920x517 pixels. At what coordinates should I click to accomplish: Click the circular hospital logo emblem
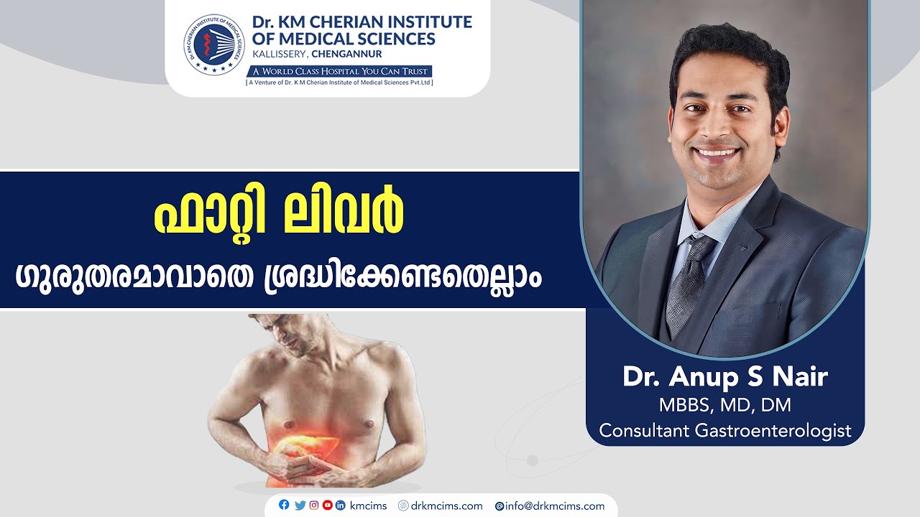coord(213,45)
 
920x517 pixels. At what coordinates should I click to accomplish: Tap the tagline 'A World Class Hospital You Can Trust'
coord(339,71)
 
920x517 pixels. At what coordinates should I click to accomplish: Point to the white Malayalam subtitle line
coord(279,276)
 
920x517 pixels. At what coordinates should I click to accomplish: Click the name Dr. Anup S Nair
coord(725,377)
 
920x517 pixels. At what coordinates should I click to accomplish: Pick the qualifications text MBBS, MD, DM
coord(725,405)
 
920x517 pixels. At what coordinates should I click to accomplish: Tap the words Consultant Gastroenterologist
coord(725,431)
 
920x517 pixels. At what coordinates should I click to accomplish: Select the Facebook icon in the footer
coord(284,505)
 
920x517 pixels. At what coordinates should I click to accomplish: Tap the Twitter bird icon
coord(300,505)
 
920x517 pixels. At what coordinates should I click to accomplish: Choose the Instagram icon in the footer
coord(314,505)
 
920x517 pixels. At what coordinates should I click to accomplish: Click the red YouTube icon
coord(328,505)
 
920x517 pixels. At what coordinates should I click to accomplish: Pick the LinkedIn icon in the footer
coord(341,505)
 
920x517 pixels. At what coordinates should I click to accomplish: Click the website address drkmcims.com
coord(446,506)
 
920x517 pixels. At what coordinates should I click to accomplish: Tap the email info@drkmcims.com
coord(554,506)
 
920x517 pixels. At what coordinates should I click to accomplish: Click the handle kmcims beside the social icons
coord(369,506)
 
